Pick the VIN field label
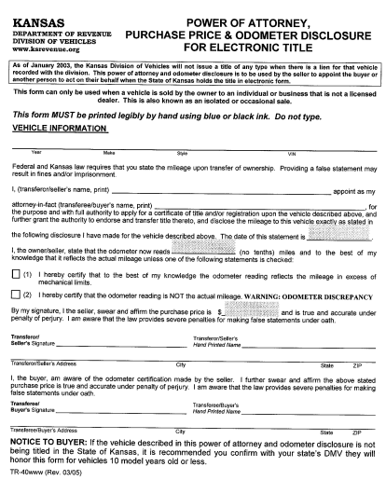click(x=291, y=152)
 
